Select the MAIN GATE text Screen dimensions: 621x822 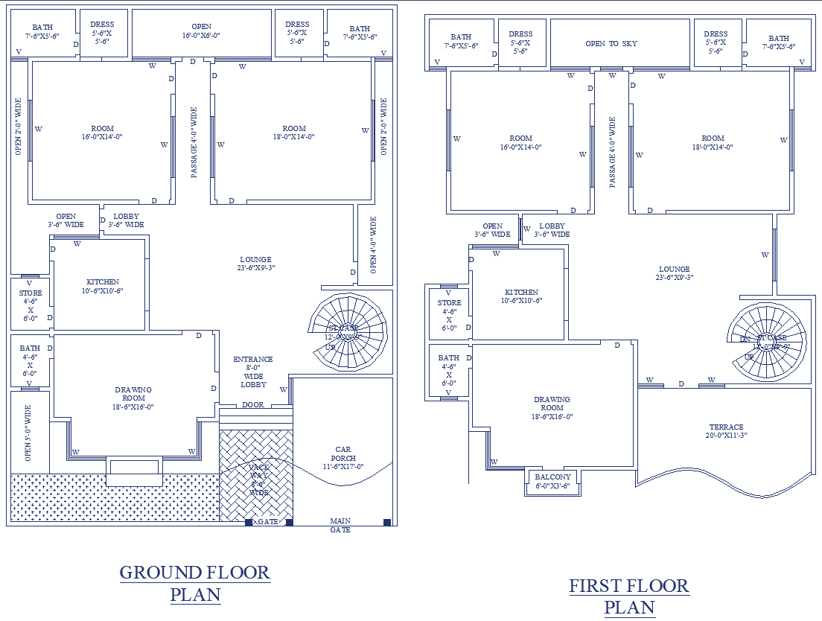(x=340, y=525)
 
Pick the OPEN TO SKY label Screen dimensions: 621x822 (x=611, y=44)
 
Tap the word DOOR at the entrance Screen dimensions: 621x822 (x=253, y=405)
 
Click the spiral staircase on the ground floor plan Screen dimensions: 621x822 (x=348, y=331)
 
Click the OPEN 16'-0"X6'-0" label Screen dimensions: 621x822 (x=201, y=31)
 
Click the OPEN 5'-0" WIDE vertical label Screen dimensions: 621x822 (x=28, y=433)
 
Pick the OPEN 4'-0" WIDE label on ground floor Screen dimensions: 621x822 (x=373, y=246)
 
